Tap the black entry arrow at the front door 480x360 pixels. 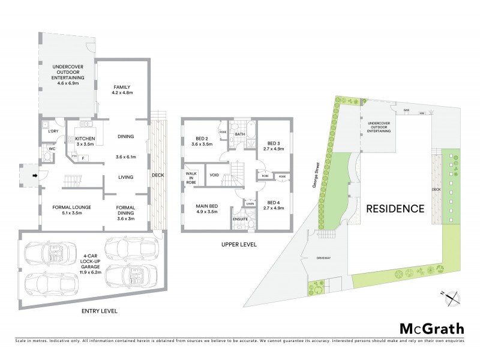tap(34, 175)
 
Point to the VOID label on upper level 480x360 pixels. tap(214, 175)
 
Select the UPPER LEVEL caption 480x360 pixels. tap(239, 245)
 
